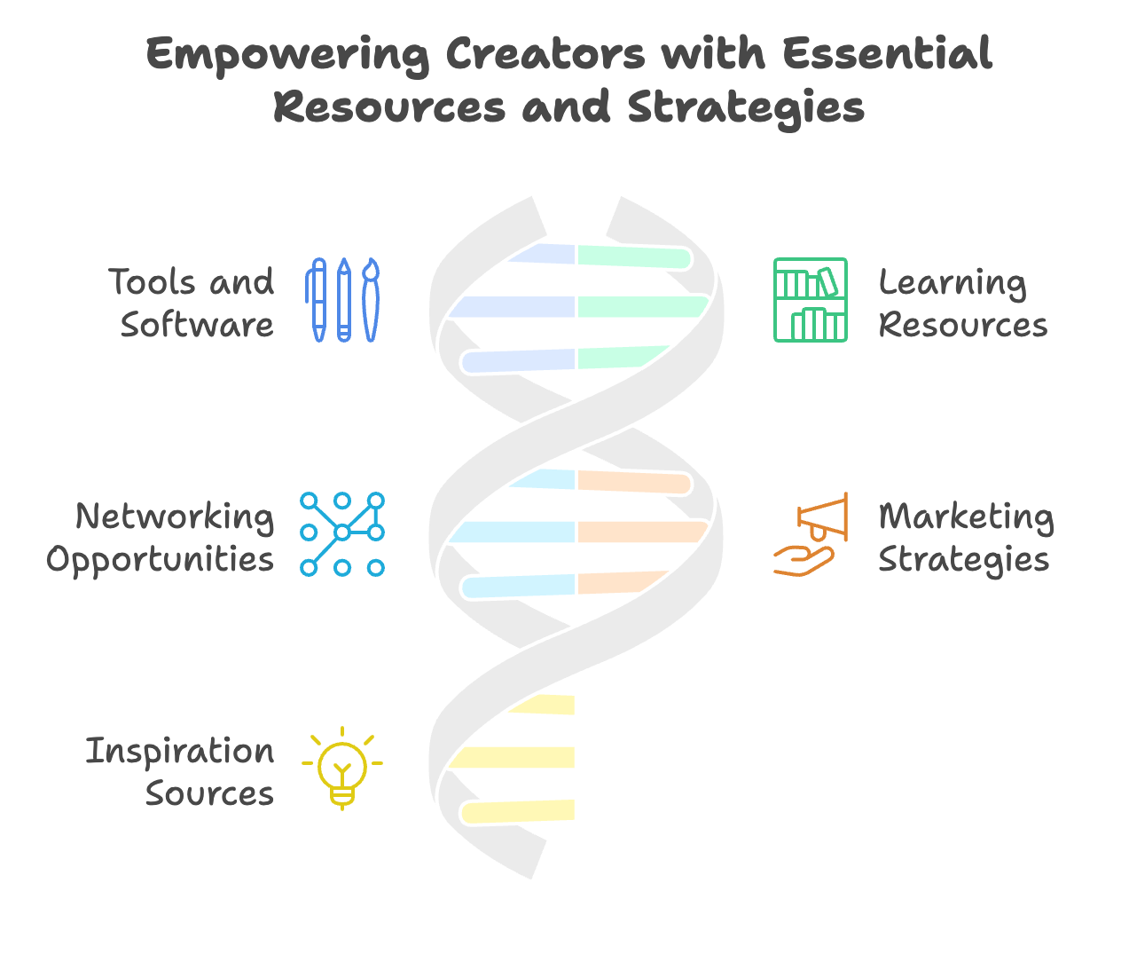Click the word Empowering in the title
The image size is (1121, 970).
point(288,55)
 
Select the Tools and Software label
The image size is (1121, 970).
point(192,303)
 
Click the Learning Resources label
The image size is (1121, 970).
point(962,303)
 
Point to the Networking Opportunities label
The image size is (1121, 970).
point(161,538)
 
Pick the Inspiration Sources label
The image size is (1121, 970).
point(180,771)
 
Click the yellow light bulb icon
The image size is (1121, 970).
point(342,768)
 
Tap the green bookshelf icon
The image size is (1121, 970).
point(811,300)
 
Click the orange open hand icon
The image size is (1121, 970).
point(804,561)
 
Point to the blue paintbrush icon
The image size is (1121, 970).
point(371,300)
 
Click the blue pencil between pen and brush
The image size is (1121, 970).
point(344,300)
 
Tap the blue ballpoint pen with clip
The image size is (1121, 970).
point(317,300)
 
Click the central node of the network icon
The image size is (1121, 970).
point(342,533)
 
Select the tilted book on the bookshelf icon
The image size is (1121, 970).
point(828,282)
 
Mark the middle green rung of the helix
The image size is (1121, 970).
point(643,307)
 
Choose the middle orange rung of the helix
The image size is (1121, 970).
point(643,532)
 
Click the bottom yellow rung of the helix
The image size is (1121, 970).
point(518,811)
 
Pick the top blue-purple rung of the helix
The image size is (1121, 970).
point(542,254)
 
